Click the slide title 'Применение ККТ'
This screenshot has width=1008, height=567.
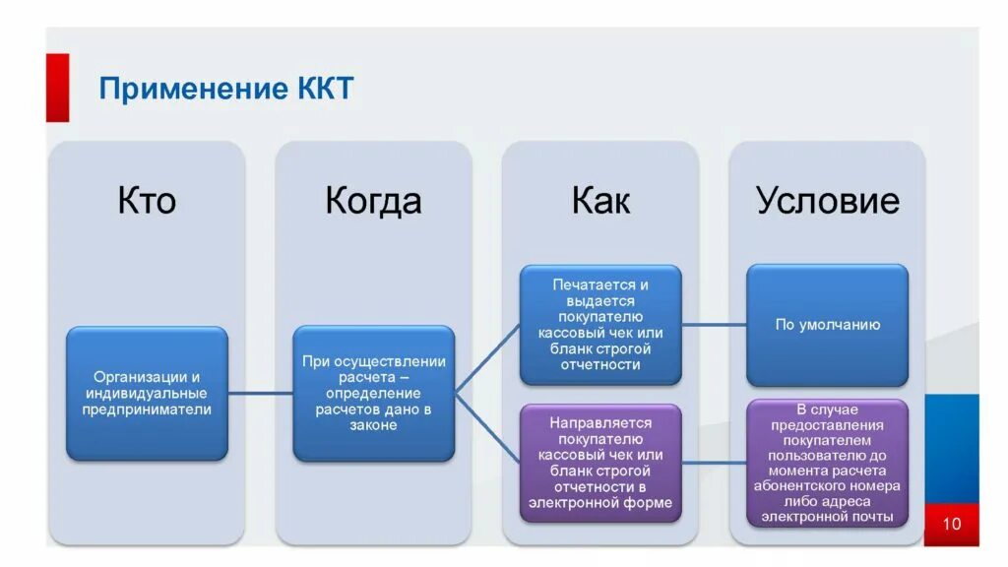[225, 90]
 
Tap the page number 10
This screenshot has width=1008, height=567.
[951, 523]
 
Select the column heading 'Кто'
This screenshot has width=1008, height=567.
[147, 201]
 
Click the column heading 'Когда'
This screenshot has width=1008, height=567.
[373, 201]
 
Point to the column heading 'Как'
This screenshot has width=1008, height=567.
[600, 201]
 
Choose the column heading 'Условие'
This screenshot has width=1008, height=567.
[827, 201]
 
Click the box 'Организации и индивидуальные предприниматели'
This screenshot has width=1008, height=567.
[147, 393]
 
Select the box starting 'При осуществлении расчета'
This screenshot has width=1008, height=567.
[373, 393]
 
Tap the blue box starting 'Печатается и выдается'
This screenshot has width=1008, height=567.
[600, 324]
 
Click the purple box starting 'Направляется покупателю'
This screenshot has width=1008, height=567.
[600, 462]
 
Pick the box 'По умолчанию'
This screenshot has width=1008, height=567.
[827, 324]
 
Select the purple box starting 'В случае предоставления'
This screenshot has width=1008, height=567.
[827, 462]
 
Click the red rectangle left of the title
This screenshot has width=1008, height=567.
[57, 89]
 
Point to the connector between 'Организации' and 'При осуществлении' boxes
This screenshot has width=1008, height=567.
[260, 393]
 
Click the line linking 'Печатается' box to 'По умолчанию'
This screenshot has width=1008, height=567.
[714, 324]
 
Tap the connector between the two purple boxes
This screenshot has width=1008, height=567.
[714, 462]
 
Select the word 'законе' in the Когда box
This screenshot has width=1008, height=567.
[373, 425]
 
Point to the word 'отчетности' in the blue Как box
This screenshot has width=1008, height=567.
[600, 365]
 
